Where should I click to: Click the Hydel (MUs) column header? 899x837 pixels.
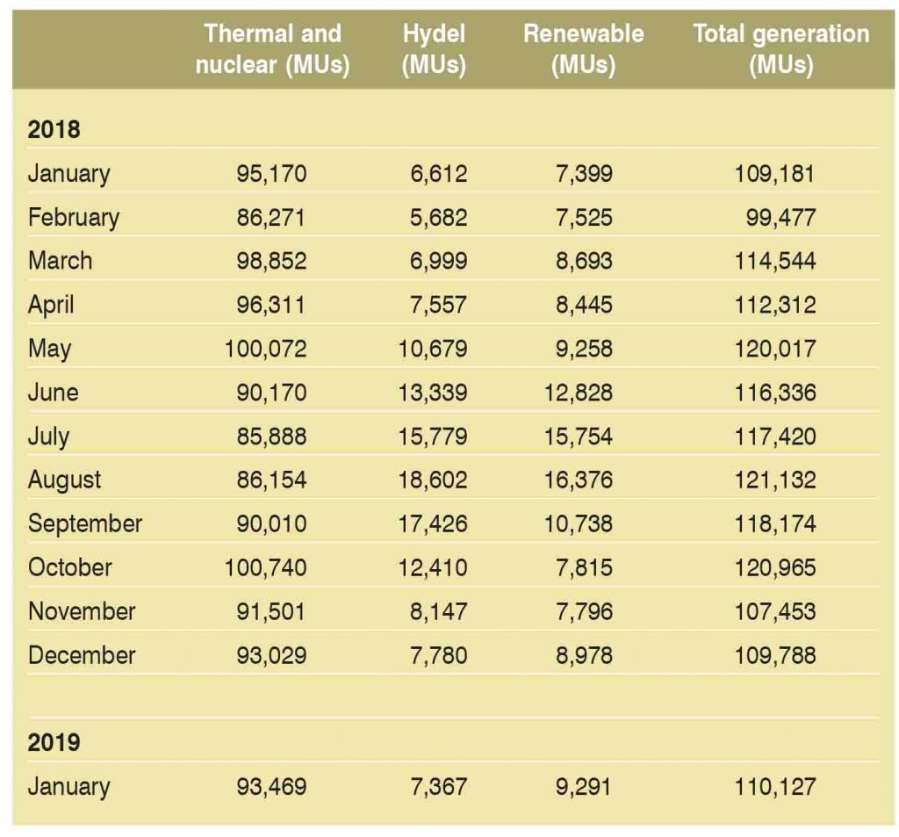[x=433, y=49]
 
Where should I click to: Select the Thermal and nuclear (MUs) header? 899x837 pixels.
[x=272, y=49]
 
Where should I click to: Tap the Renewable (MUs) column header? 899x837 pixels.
[x=583, y=49]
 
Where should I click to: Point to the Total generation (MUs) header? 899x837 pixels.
[x=780, y=49]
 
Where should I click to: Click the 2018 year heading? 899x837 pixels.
[x=54, y=129]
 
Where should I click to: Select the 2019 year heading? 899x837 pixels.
[x=54, y=742]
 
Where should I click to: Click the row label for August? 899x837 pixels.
[x=64, y=480]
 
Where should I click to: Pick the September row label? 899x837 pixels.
[x=84, y=523]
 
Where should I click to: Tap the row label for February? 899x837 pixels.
[x=73, y=217]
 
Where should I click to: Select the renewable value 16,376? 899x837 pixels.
[x=580, y=480]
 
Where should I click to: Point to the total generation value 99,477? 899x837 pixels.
[x=780, y=217]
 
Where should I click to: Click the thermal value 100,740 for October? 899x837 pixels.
[x=266, y=567]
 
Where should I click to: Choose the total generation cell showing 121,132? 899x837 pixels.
[x=775, y=480]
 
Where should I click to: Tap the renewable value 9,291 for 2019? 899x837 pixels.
[x=586, y=785]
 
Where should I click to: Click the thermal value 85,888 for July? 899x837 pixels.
[x=271, y=436]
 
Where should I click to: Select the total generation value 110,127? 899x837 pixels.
[x=775, y=785]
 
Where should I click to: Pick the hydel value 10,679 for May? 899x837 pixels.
[x=433, y=349]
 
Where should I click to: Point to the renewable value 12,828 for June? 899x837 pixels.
[x=580, y=392]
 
